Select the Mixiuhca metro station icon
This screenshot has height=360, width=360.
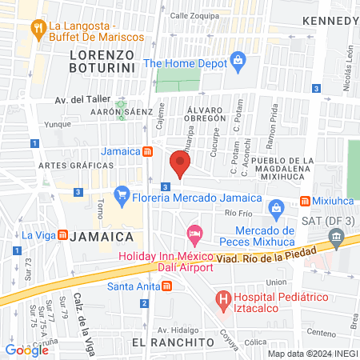(305, 201)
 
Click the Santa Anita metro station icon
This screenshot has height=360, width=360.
(166, 286)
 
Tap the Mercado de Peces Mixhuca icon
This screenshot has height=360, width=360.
(276, 210)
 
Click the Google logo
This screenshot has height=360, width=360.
(26, 350)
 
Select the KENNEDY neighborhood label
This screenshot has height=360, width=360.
(330, 19)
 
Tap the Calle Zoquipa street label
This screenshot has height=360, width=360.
(193, 15)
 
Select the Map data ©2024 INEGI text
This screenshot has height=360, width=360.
(311, 353)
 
